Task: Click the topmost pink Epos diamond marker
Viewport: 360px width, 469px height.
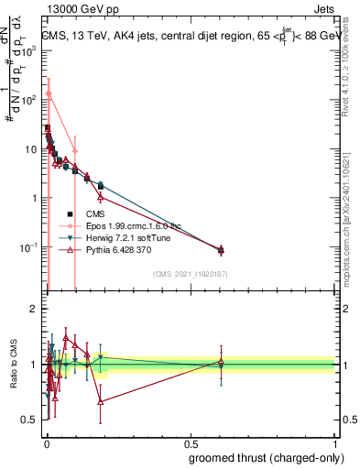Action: (x=49, y=94)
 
